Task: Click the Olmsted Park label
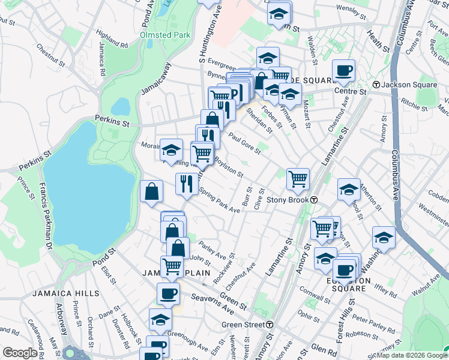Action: pos(165,35)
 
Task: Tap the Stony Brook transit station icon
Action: pos(314,200)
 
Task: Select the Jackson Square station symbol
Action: pos(376,85)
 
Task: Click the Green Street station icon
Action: pos(270,325)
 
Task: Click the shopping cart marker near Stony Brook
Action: pos(298,179)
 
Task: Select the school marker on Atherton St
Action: pos(348,190)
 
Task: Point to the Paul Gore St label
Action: pos(244,143)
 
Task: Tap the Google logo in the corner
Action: pos(19,353)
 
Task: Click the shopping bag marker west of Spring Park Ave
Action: pos(151,191)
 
